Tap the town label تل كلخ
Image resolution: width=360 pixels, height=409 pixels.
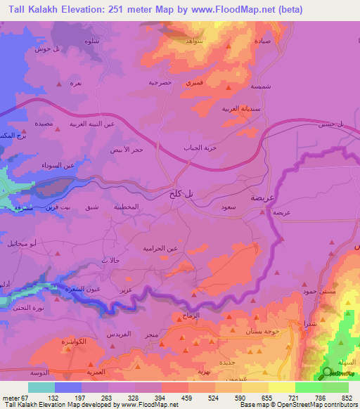(x=181, y=193)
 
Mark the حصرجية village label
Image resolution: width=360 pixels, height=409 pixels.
(x=160, y=82)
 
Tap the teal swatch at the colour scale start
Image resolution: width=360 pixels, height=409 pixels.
(x=41, y=387)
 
